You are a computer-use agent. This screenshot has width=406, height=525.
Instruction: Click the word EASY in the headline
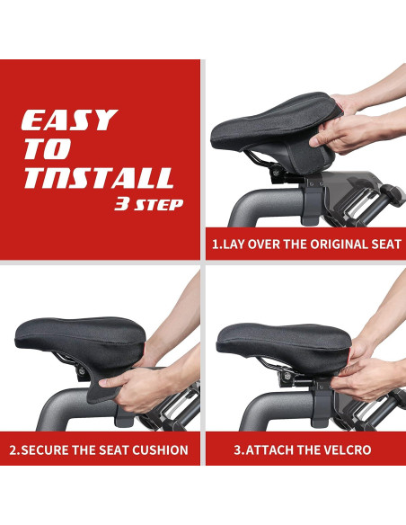click(69, 120)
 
